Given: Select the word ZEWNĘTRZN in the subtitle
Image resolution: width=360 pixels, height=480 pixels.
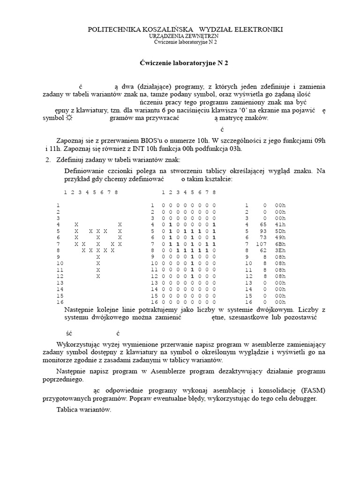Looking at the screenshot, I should click(x=199, y=36).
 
